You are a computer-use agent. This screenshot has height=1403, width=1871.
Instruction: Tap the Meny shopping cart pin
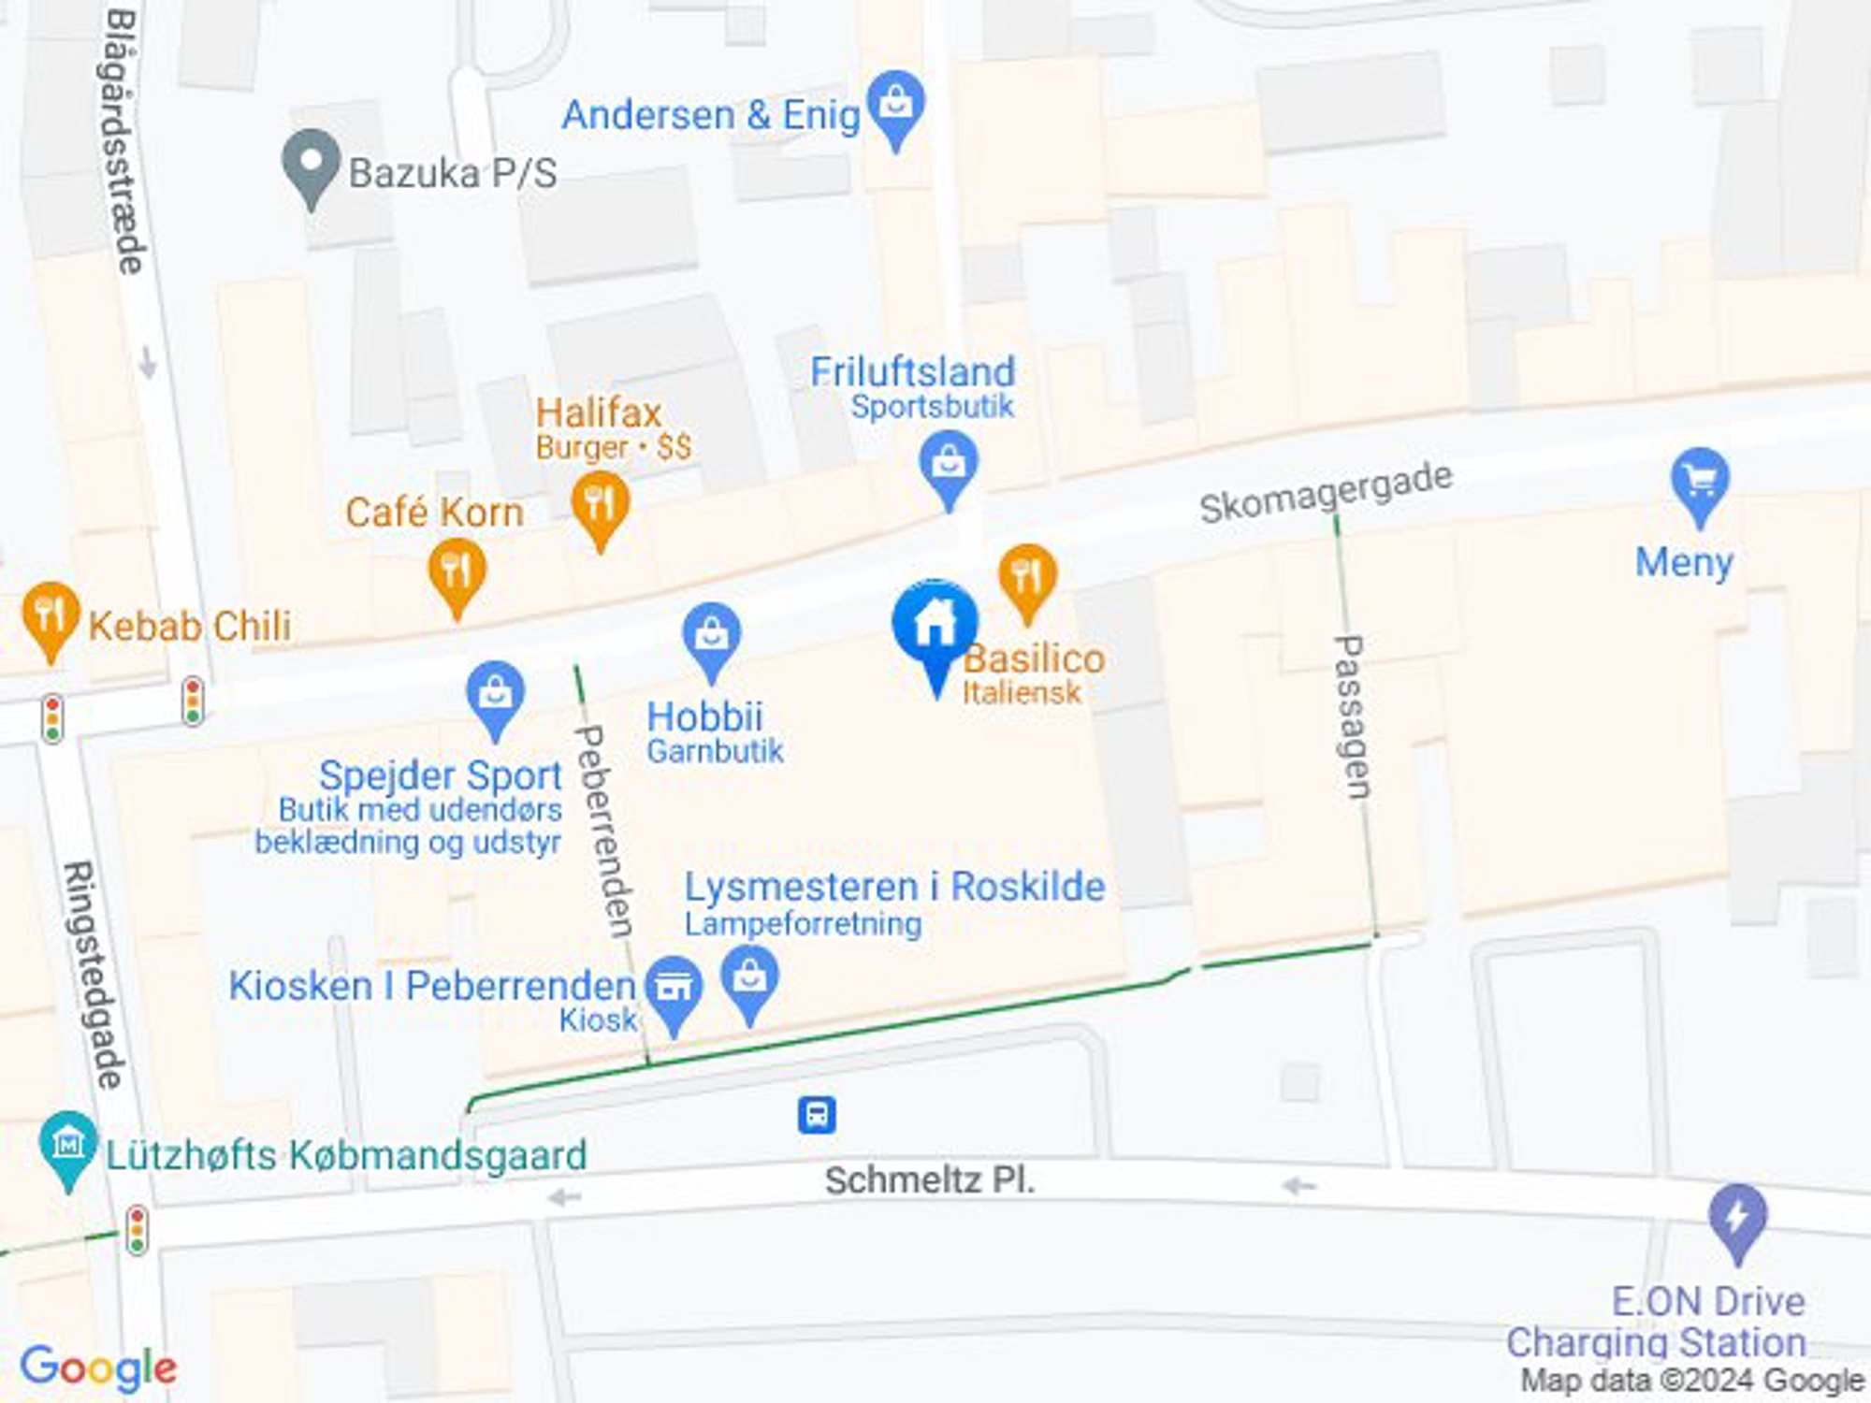pos(1699,483)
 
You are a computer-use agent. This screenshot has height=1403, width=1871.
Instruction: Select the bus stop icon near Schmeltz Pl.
pos(816,1115)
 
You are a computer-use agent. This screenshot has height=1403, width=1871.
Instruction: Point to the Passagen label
pos(1352,716)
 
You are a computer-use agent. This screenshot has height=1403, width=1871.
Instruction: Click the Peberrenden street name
pos(604,831)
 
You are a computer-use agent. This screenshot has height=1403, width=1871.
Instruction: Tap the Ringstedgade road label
pos(93,975)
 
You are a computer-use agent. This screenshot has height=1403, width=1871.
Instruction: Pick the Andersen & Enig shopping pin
pos(895,105)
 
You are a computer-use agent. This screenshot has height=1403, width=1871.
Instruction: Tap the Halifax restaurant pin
pos(600,506)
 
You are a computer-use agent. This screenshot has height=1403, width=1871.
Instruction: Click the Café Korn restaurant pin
pos(457,572)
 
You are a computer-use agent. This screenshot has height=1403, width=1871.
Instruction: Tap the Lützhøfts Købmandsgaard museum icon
pos(67,1145)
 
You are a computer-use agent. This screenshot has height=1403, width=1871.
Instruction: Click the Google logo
pos(98,1369)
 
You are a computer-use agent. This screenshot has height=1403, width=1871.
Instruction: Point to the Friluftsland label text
pos(912,371)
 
